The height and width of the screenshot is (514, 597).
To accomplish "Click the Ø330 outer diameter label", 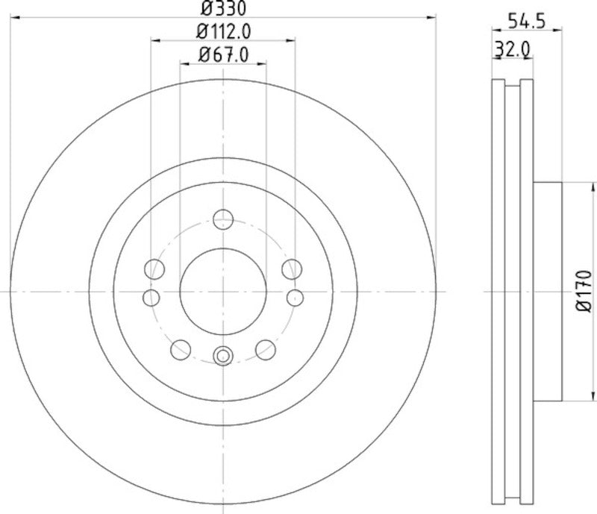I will coord(222,9).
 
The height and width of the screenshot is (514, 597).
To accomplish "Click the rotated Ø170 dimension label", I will coord(583,291).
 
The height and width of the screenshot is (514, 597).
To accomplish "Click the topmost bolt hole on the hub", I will coord(222,219).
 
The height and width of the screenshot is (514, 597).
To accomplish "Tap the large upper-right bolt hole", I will coord(291,268).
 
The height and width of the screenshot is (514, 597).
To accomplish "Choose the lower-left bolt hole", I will coord(181,348).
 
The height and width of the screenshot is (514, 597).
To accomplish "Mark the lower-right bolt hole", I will coord(265,348).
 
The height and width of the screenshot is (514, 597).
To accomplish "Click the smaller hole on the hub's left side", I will coord(151,298).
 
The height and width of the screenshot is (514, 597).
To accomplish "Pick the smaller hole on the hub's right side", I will coord(295,298).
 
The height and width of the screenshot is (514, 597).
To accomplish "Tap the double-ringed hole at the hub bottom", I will coord(222,357).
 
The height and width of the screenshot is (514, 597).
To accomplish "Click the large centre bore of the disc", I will coord(222,291).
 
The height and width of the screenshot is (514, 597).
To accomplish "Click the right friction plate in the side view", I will coord(527,291).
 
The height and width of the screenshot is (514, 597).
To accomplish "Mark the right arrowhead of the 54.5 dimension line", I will coord(557,31).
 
